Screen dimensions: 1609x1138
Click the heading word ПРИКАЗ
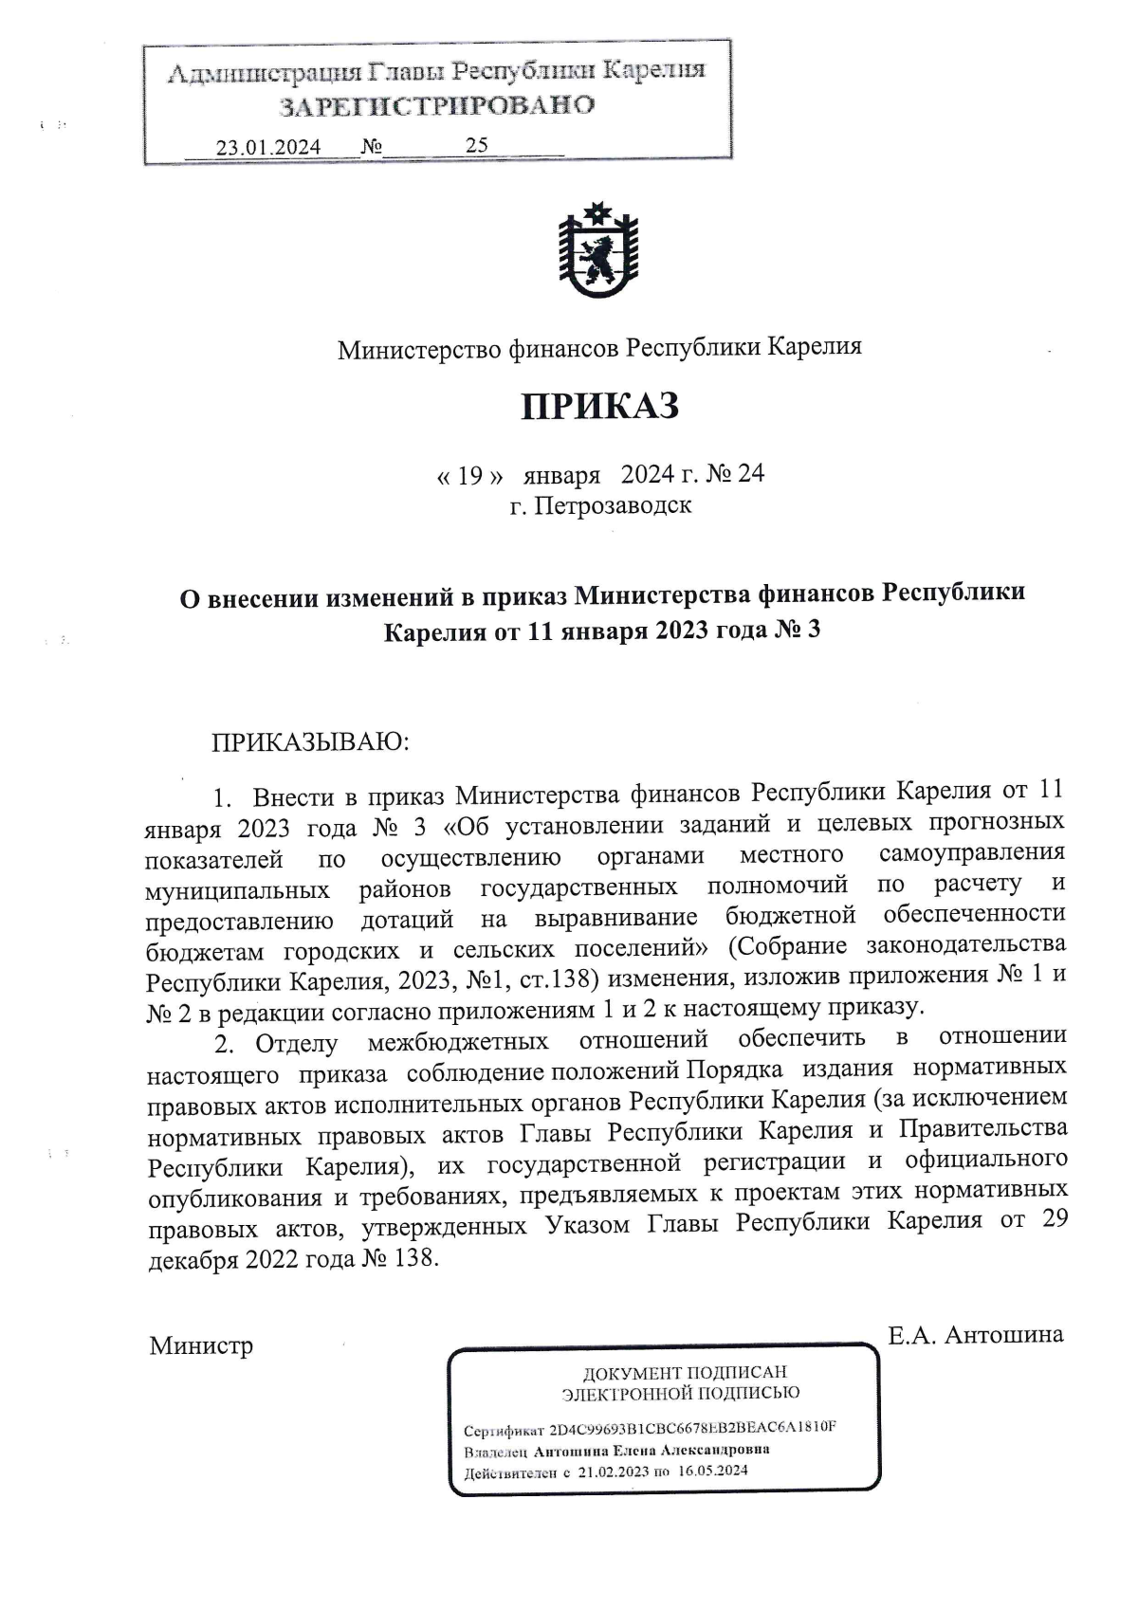pyautogui.click(x=600, y=406)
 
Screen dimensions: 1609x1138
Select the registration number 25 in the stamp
pyautogui.click(x=477, y=145)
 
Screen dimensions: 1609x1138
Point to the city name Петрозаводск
pyautogui.click(x=614, y=505)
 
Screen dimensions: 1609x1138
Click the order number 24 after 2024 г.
pyautogui.click(x=751, y=473)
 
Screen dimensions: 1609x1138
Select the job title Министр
pyautogui.click(x=201, y=1345)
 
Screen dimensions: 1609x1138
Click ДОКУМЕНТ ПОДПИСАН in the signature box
pyautogui.click(x=684, y=1372)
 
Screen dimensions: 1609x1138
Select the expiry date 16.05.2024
pyautogui.click(x=713, y=1472)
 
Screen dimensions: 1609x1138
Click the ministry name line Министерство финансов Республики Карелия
pyautogui.click(x=600, y=348)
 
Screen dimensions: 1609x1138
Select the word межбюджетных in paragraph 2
pyautogui.click(x=458, y=1042)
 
